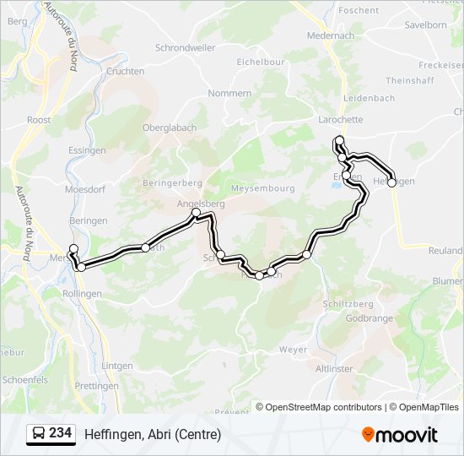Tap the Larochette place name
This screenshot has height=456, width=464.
340,120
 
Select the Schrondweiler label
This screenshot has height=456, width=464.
186,48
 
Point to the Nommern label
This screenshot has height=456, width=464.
229,93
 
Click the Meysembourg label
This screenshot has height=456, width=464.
262,187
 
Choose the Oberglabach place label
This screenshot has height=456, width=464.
170,128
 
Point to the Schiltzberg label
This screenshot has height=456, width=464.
348,303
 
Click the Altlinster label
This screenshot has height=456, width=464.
334,369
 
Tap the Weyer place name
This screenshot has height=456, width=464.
294,349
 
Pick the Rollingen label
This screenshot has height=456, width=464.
82,293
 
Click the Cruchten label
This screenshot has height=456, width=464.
126,72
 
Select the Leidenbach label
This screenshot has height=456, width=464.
369,98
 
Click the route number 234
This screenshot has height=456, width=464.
60,433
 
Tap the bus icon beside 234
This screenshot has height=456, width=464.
39,434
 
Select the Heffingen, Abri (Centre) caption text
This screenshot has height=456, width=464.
153,435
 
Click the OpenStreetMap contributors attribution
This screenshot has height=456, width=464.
325,407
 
